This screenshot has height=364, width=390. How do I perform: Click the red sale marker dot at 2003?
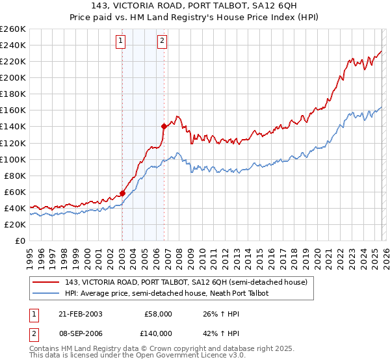[122, 193]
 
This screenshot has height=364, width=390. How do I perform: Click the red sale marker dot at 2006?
[163, 126]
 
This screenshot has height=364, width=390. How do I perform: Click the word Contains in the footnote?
[45, 349]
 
